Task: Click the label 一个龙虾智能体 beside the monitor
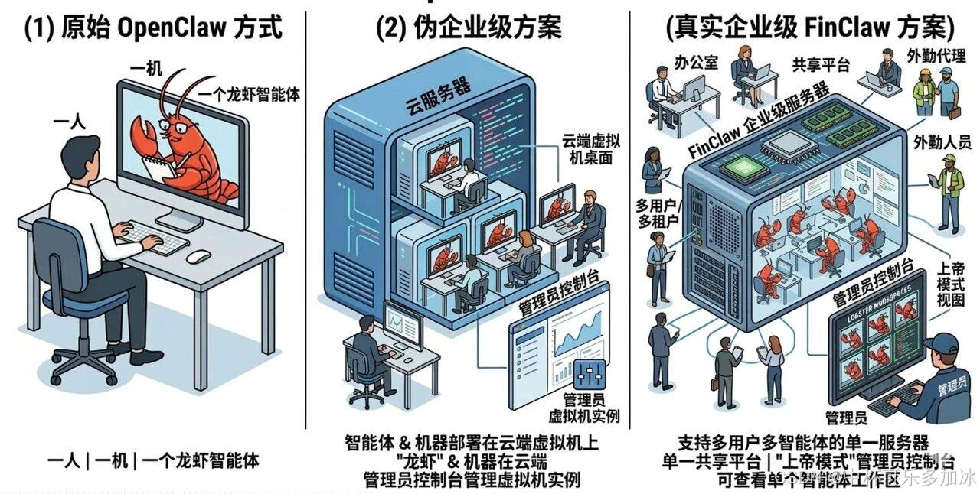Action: (x=249, y=95)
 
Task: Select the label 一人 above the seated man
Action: (x=70, y=122)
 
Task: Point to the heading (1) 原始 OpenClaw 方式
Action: (x=153, y=29)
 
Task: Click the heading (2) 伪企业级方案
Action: (x=469, y=29)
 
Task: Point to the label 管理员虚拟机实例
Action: (x=584, y=408)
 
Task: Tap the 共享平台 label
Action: (x=821, y=66)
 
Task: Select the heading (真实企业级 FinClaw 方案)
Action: (x=810, y=29)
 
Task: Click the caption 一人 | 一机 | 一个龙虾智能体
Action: (x=153, y=460)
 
